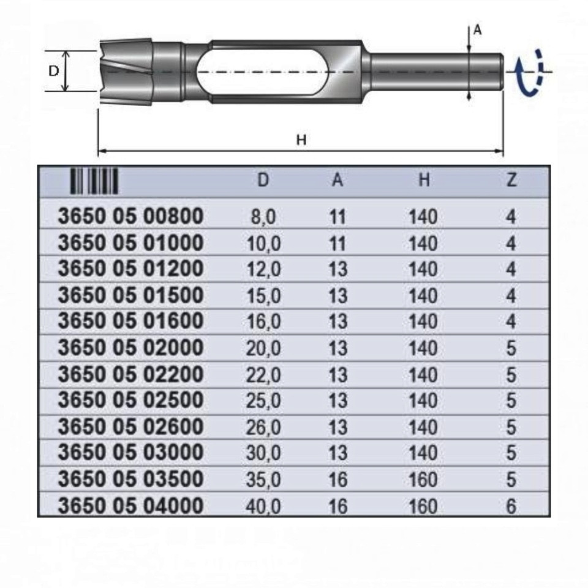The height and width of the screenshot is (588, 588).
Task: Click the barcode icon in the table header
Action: [x=94, y=181]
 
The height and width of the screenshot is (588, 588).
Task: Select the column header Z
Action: [x=511, y=180]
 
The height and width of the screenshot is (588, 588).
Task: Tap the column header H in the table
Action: [x=424, y=180]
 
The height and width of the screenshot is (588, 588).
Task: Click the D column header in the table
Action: [x=263, y=180]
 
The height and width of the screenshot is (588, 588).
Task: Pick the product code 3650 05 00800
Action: [x=130, y=216]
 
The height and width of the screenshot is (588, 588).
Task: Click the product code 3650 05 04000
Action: [x=130, y=506]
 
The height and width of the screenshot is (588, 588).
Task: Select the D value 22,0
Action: [x=263, y=375]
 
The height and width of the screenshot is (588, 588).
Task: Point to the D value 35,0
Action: [x=263, y=480]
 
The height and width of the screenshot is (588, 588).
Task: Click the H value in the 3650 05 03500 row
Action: [x=423, y=480]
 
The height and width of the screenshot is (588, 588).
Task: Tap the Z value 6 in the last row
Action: [x=511, y=507]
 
